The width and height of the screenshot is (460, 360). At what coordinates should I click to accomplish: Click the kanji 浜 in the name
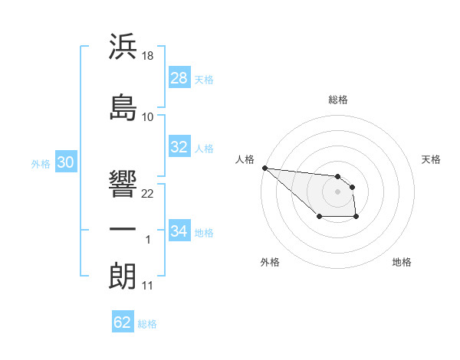(123, 47)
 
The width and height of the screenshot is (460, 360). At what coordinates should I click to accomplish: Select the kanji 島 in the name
(123, 106)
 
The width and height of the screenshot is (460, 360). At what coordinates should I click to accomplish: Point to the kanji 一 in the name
(123, 229)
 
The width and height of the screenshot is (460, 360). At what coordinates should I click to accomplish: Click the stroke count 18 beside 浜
(149, 57)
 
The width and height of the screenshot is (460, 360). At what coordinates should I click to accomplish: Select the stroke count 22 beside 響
(149, 193)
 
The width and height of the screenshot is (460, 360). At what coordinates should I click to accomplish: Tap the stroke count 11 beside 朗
(148, 286)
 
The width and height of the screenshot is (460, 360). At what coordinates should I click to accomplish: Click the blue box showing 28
(179, 78)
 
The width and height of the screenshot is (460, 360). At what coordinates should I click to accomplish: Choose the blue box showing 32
(179, 147)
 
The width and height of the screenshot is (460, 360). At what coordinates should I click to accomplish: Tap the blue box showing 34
(179, 231)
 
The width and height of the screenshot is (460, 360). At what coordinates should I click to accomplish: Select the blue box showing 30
(65, 162)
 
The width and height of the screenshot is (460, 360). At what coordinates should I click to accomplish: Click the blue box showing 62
(123, 322)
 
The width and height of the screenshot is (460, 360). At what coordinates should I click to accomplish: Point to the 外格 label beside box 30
(41, 163)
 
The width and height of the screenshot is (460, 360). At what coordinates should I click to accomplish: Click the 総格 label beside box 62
(147, 323)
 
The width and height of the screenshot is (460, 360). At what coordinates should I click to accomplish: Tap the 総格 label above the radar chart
(338, 100)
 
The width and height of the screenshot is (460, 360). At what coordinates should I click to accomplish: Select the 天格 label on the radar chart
(431, 159)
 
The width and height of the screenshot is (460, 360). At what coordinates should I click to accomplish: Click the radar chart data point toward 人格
(264, 168)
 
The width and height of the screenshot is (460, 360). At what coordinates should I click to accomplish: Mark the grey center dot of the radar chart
(337, 191)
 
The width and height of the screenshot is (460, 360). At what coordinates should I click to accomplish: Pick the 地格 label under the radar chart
(402, 262)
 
